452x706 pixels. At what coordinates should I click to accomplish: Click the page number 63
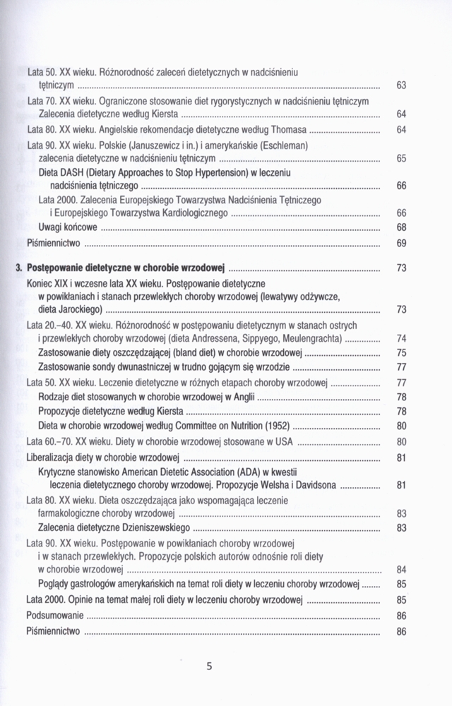pyautogui.click(x=400, y=86)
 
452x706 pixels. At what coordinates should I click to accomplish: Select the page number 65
pyautogui.click(x=400, y=159)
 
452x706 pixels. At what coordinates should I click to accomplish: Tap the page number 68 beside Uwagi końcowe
pyautogui.click(x=400, y=227)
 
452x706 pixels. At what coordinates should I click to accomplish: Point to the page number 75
pyautogui.click(x=400, y=352)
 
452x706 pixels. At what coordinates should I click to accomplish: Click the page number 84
pyautogui.click(x=400, y=569)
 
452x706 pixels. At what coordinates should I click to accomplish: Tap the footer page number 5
pyautogui.click(x=209, y=665)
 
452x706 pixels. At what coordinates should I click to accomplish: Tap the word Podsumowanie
pyautogui.click(x=54, y=616)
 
